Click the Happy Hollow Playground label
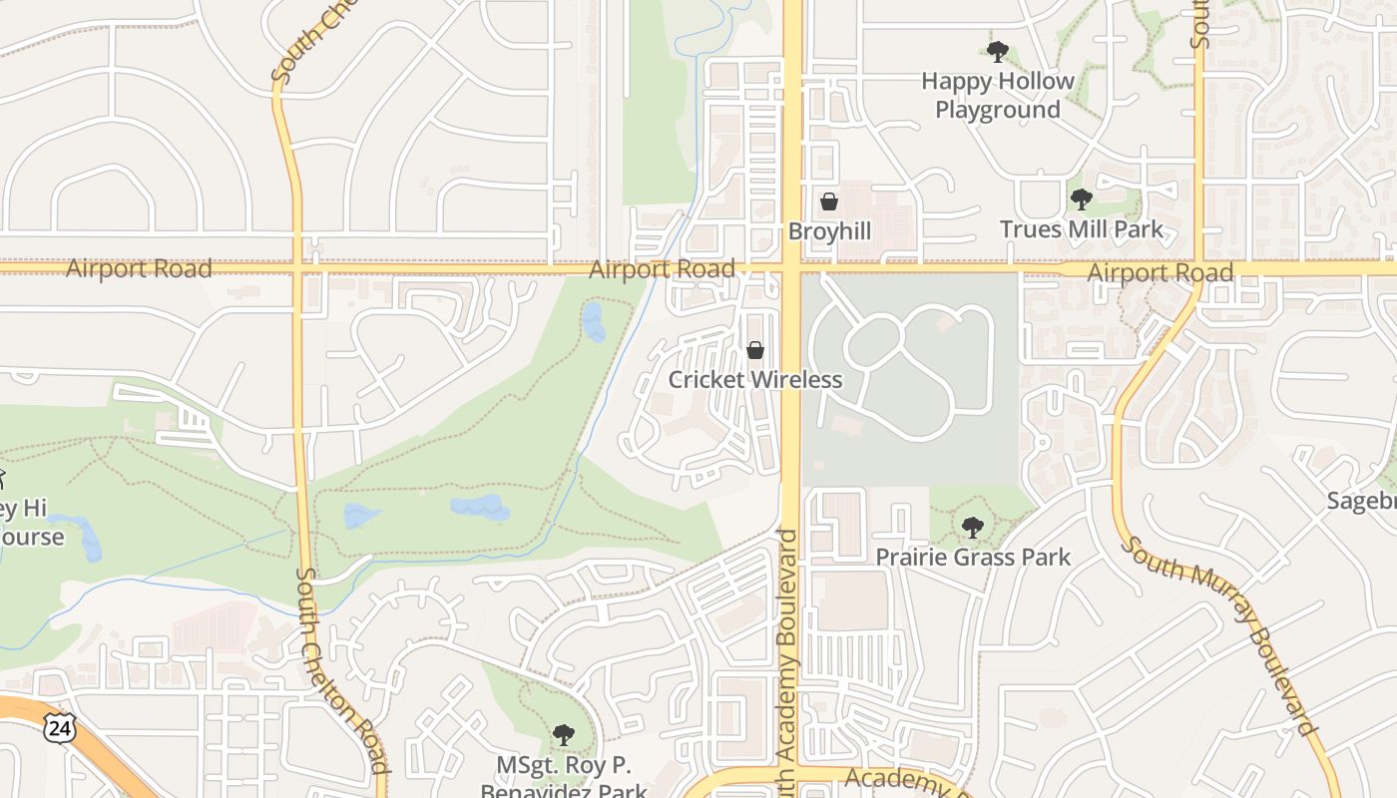click(x=997, y=95)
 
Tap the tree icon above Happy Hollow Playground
click(x=997, y=51)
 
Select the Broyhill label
click(x=829, y=231)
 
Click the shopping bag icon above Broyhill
click(x=829, y=201)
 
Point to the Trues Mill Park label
click(x=1082, y=229)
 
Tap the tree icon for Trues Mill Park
click(x=1081, y=199)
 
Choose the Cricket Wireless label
click(x=755, y=380)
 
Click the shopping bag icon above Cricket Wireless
click(x=755, y=350)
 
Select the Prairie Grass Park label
click(x=973, y=557)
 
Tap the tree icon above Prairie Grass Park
click(x=973, y=527)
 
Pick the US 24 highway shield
click(x=59, y=728)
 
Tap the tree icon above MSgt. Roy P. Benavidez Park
click(x=564, y=736)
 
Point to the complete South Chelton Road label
click(x=341, y=670)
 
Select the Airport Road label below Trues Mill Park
click(x=1160, y=272)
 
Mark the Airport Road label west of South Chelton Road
click(x=139, y=268)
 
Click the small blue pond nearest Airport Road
click(x=594, y=322)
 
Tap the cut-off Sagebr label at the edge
click(x=1361, y=501)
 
